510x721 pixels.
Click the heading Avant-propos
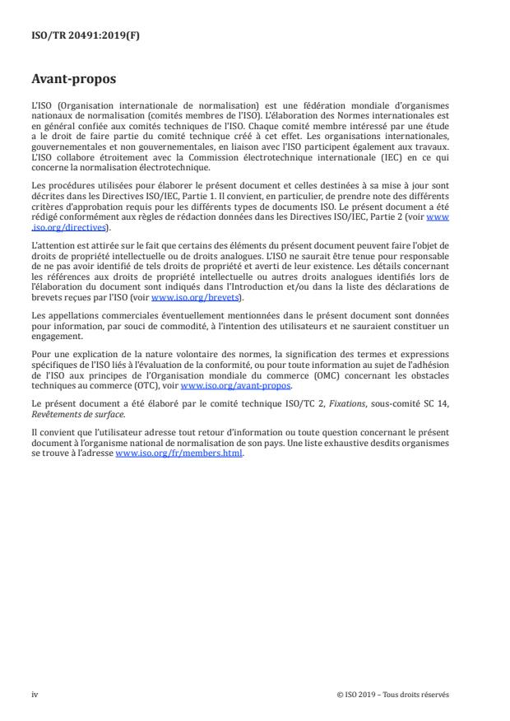point(73,81)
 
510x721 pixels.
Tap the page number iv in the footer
point(35,694)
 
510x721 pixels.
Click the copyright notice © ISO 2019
point(393,694)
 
